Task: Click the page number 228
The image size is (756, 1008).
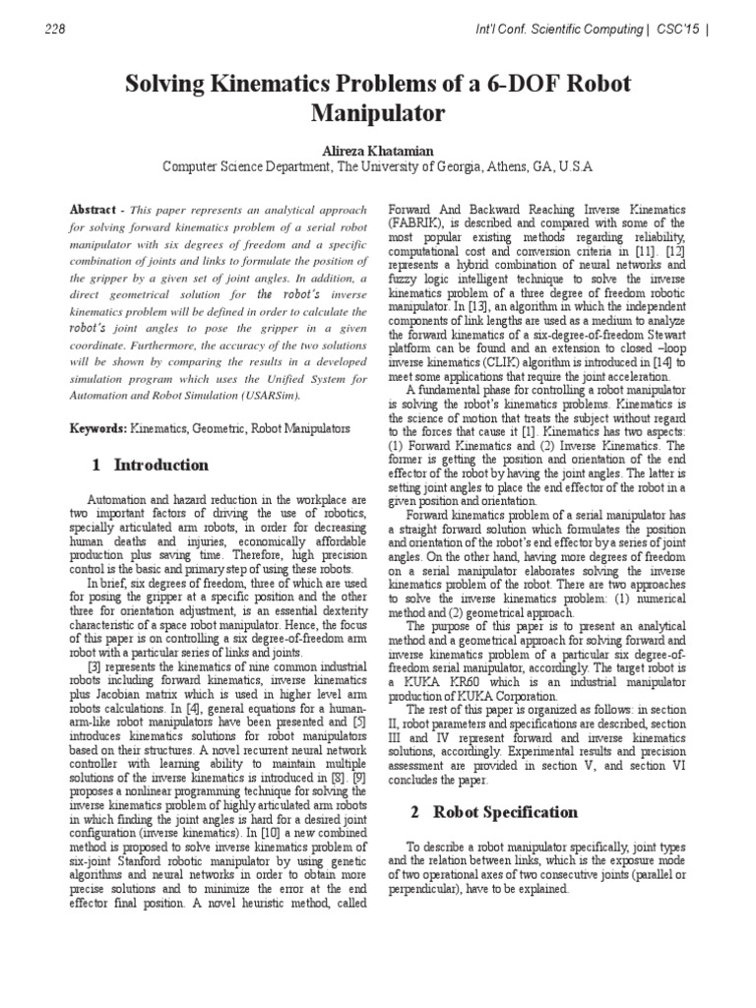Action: (56, 30)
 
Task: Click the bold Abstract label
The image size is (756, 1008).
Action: (93, 211)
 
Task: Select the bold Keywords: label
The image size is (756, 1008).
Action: (98, 430)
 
